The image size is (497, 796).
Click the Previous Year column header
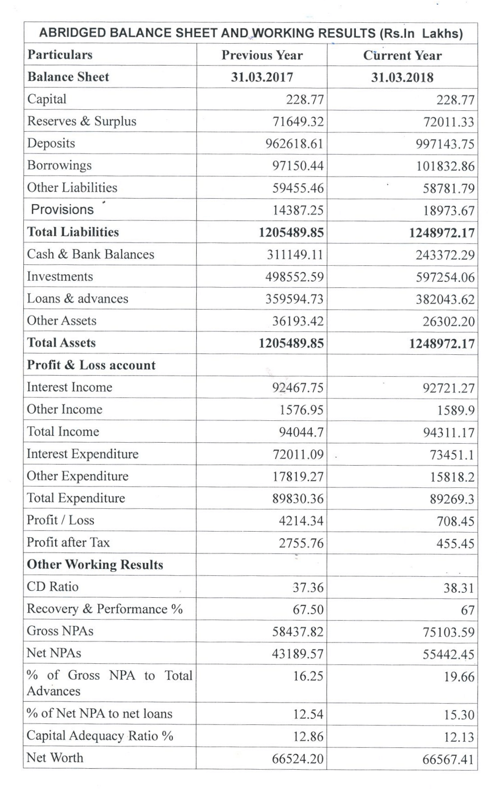click(x=262, y=55)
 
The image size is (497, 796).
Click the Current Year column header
click(x=402, y=56)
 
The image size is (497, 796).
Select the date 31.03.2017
click(x=262, y=78)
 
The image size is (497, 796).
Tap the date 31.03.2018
click(x=402, y=78)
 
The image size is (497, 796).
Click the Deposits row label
click(x=51, y=143)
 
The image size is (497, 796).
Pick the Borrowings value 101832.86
click(x=445, y=166)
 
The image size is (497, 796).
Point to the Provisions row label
click(x=62, y=209)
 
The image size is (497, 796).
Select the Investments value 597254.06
click(x=445, y=277)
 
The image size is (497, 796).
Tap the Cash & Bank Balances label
click(x=90, y=254)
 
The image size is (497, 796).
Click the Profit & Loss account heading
click(x=91, y=365)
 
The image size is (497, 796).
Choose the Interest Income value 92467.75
click(x=298, y=388)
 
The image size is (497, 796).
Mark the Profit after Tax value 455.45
click(x=455, y=544)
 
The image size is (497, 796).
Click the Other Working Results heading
click(x=94, y=564)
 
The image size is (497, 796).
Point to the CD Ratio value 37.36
click(x=308, y=588)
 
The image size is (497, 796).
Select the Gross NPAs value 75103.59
click(x=448, y=633)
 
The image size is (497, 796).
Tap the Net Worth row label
click(x=55, y=758)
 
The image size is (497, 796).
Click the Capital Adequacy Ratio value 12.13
click(x=459, y=737)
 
